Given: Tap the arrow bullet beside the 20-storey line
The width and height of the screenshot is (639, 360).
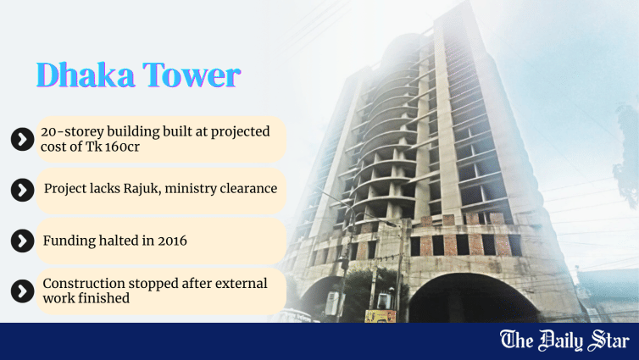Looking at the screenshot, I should [21, 139].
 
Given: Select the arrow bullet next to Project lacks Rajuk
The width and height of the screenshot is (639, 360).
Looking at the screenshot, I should [21, 190].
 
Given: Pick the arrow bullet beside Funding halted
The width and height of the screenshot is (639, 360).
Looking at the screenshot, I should [21, 241].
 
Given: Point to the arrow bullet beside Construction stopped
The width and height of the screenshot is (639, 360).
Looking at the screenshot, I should [21, 291].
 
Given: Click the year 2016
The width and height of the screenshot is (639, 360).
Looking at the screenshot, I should [170, 241].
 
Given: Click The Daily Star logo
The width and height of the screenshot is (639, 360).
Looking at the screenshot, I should [564, 341].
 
